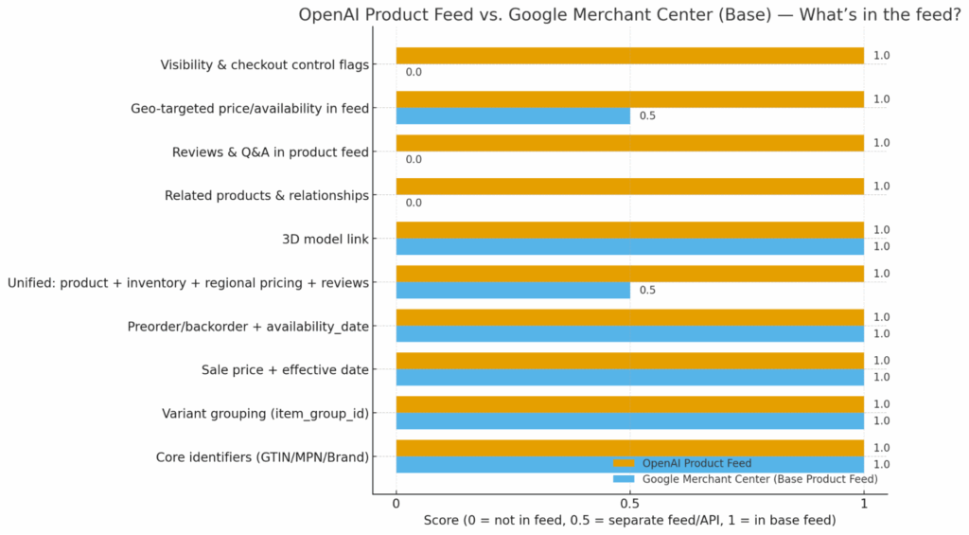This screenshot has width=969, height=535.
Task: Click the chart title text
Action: click(630, 14)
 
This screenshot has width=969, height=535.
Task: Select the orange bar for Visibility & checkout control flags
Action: click(629, 56)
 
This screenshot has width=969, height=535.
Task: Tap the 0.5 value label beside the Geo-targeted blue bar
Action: click(647, 116)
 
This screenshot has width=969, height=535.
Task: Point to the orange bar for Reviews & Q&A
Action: click(629, 143)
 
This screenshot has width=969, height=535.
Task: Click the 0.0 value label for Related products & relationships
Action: click(414, 203)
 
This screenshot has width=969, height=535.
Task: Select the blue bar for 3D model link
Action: click(629, 247)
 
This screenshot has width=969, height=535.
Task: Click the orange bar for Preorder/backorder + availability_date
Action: click(629, 317)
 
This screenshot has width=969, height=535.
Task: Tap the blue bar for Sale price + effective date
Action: click(629, 378)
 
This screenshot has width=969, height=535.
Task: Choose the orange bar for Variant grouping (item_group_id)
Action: click(629, 404)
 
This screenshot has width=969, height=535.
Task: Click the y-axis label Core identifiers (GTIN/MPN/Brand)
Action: click(262, 457)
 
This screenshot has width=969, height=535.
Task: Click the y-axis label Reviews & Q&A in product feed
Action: click(271, 152)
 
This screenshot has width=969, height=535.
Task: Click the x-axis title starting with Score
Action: click(630, 522)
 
